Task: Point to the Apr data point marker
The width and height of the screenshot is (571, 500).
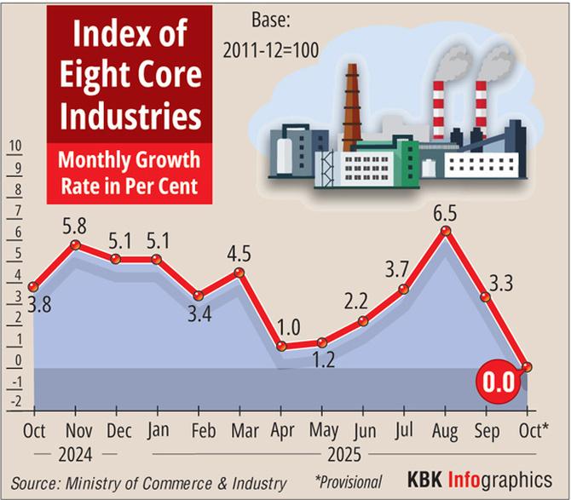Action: (280, 347)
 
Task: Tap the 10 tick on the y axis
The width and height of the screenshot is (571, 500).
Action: (14, 146)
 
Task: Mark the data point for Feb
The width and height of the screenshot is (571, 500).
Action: (198, 296)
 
